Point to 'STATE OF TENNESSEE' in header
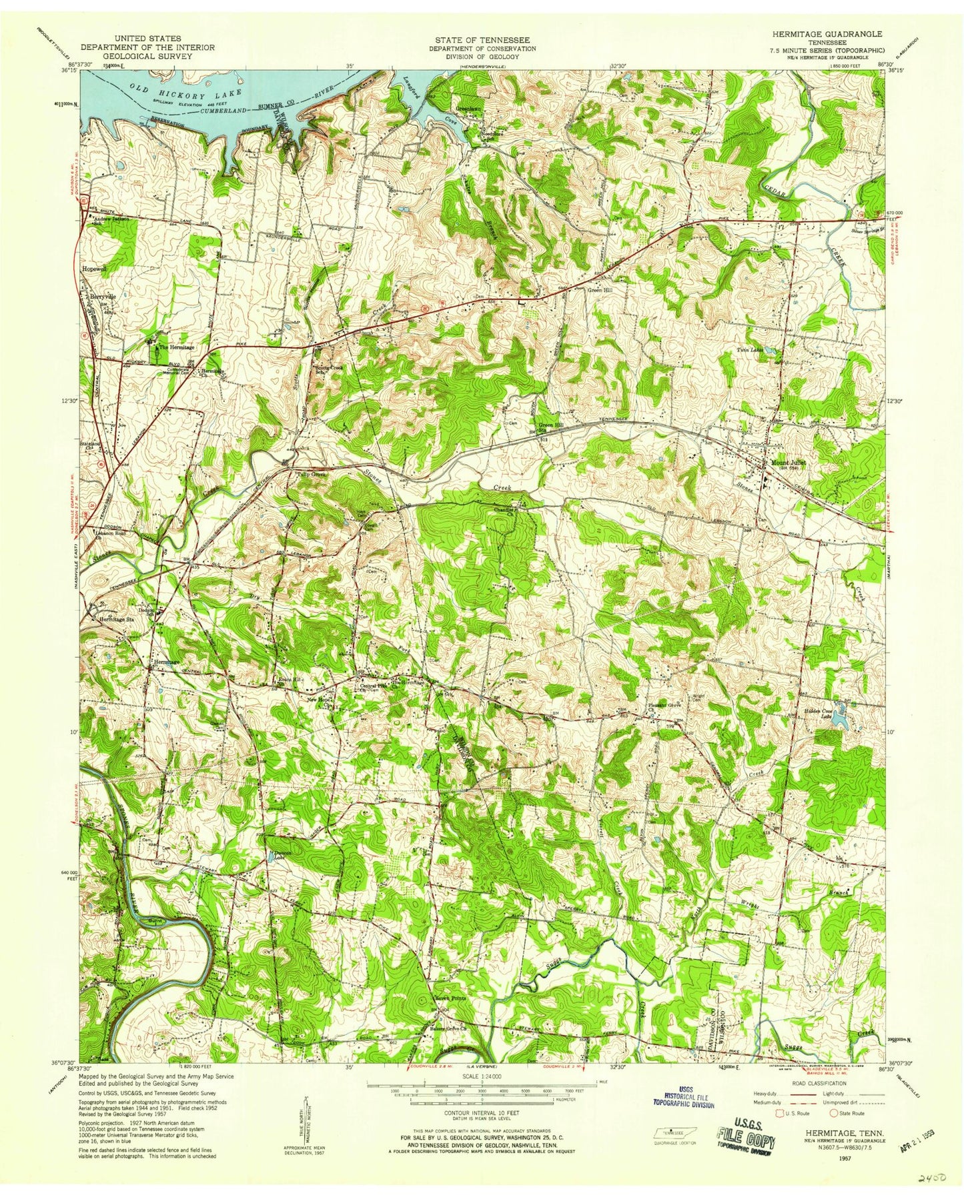[483, 40]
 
